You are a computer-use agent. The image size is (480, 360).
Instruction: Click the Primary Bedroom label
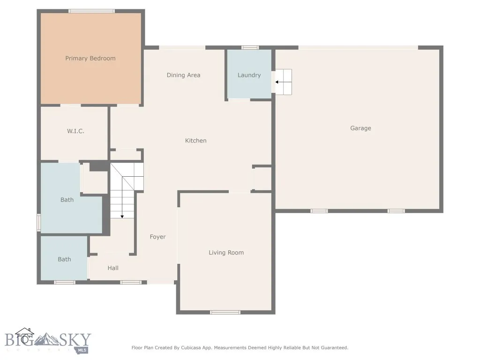pos(90,59)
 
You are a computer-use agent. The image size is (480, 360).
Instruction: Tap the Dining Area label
pos(183,75)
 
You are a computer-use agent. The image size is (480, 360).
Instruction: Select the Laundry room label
pos(249,75)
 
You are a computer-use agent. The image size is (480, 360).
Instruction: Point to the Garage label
pos(360,128)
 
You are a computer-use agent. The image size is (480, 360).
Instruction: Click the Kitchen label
pos(195,141)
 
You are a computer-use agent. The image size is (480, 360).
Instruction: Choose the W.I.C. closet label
pos(75,131)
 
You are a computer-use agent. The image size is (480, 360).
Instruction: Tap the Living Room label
pos(226,253)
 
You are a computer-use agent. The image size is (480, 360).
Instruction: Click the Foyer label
pos(157,237)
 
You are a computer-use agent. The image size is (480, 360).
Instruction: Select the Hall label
pos(113,268)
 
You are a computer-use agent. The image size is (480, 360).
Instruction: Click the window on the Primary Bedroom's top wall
pos(91,11)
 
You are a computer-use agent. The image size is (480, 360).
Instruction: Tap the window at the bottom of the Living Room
pos(225,312)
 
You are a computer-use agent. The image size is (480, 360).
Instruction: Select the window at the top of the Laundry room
pos(250,47)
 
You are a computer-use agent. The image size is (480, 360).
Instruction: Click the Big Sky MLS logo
pos(48,341)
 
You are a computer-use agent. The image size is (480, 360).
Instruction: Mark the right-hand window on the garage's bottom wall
pos(396,211)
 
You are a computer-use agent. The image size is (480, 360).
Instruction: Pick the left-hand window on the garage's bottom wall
pos(319,211)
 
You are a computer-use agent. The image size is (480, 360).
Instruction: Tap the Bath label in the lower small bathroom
pos(64,259)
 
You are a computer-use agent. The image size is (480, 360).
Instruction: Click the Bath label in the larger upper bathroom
pos(67,200)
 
